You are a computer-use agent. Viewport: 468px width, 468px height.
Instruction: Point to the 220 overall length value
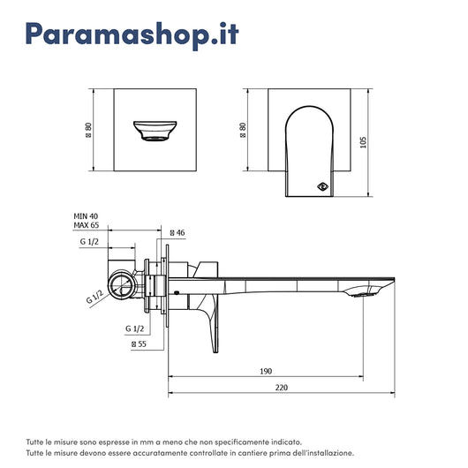tap(282, 388)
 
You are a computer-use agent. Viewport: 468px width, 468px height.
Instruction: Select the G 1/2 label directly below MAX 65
tap(89, 241)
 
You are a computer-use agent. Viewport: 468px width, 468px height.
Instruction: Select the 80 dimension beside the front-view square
tap(89, 129)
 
